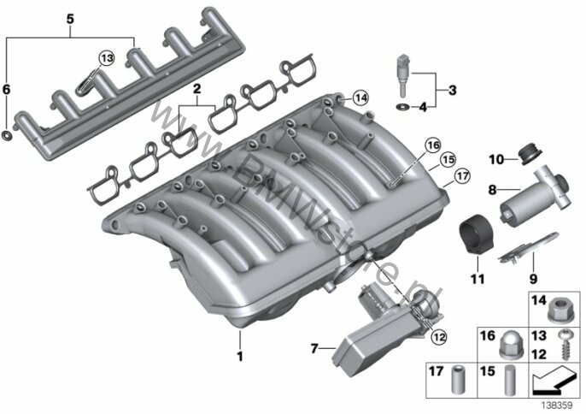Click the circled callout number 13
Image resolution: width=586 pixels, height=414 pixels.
click(x=107, y=58)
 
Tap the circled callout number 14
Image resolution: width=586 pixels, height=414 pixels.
click(x=360, y=98)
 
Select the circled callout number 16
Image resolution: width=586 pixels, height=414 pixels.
click(x=433, y=145)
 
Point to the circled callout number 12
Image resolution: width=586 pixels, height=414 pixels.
click(x=438, y=337)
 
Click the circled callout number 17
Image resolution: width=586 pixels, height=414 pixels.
click(x=463, y=175)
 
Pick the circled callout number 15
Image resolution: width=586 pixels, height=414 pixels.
click(x=448, y=160)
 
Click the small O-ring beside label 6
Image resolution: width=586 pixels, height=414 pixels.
click(x=7, y=135)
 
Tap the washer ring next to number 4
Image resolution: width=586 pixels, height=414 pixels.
click(x=402, y=108)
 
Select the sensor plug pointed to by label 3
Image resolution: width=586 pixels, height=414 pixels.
click(x=403, y=75)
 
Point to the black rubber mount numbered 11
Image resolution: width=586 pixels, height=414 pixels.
click(x=475, y=235)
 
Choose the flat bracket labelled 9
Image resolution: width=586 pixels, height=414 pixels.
click(x=529, y=246)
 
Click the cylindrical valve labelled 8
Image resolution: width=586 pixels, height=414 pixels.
click(x=535, y=197)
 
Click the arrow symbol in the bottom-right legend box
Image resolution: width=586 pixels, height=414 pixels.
click(x=554, y=379)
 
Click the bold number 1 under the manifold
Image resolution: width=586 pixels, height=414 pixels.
click(x=240, y=356)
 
